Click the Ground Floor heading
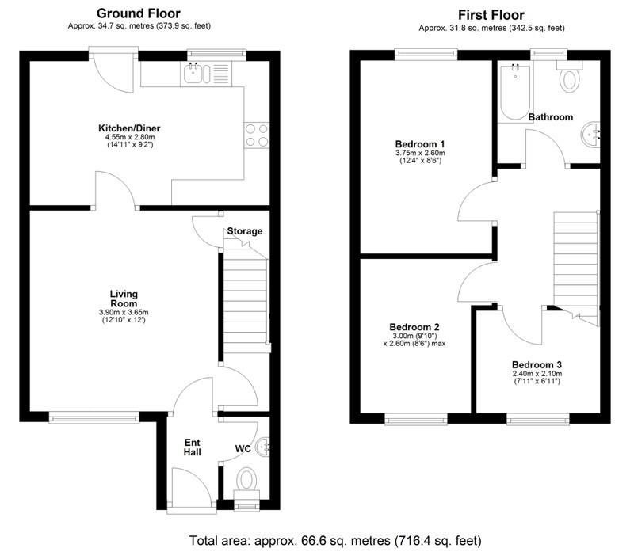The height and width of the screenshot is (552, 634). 138,13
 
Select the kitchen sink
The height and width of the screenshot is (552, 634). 194,74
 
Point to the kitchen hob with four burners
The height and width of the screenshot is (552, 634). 257,135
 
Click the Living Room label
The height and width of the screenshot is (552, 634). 124,298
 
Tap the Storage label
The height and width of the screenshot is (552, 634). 244,231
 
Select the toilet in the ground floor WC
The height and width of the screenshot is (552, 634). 247,480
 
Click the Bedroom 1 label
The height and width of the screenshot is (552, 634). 419,144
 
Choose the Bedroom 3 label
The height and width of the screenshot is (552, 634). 537,365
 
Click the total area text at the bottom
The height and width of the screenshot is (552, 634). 334,541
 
